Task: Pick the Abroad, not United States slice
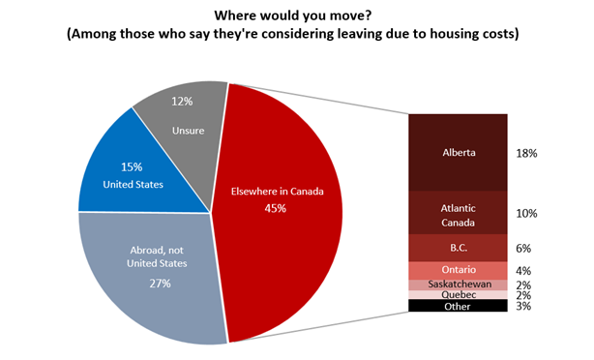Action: (155, 281)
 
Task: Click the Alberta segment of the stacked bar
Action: (458, 152)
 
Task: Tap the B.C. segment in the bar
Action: (458, 248)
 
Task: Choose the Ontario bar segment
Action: (458, 270)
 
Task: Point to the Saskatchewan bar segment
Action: (458, 285)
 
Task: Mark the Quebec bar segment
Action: (458, 294)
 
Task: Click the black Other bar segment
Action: (458, 306)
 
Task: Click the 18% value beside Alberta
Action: (527, 153)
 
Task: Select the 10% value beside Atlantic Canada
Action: (527, 213)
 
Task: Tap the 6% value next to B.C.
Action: (525, 248)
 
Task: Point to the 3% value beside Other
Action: (525, 307)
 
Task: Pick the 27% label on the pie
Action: (160, 283)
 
